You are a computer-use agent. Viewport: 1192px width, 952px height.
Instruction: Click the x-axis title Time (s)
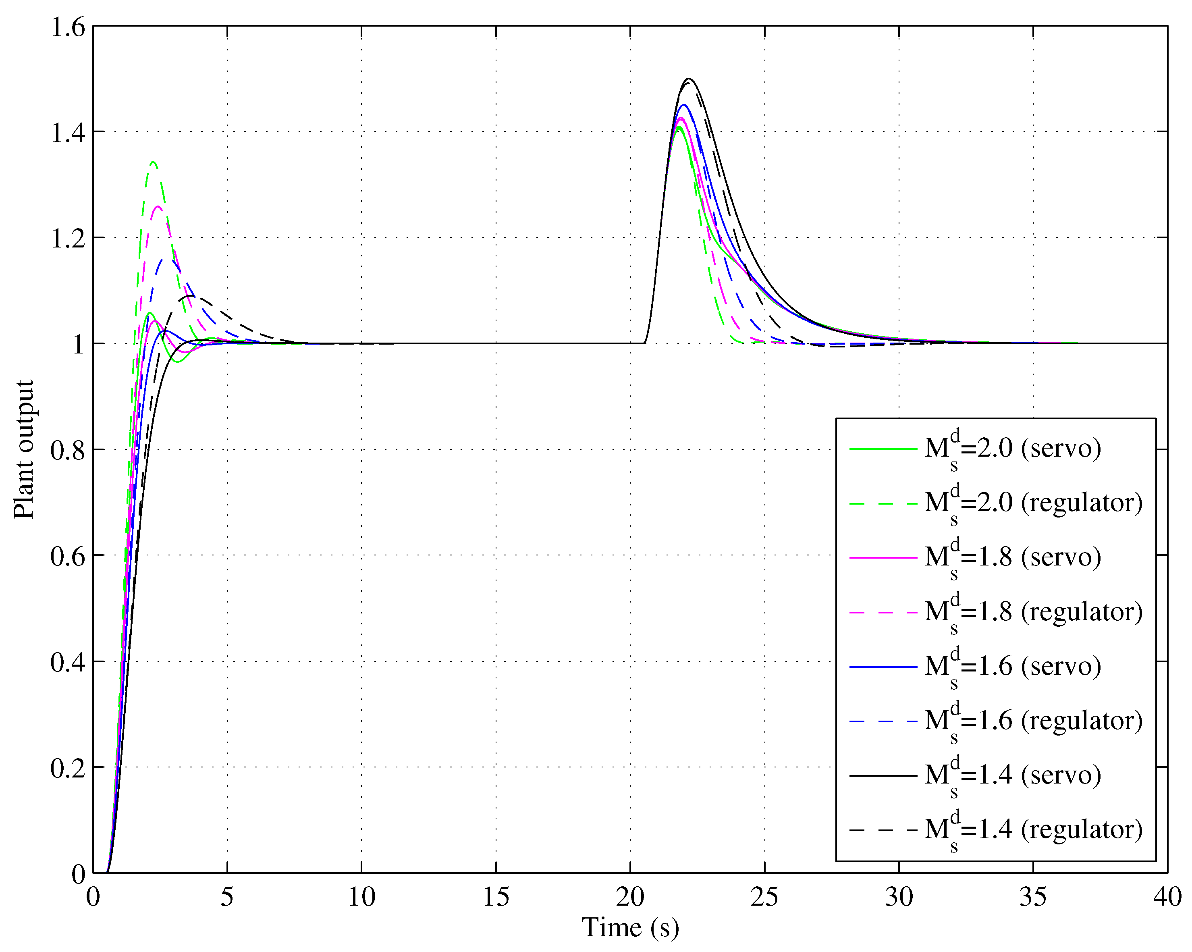(x=630, y=927)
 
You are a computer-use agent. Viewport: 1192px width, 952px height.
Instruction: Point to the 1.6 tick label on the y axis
(x=68, y=27)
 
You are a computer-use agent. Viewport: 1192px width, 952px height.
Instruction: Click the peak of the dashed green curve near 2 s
(x=153, y=162)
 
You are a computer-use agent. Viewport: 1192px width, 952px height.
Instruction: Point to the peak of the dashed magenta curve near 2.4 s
(x=158, y=207)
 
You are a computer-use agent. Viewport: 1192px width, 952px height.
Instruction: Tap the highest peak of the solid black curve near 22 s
(x=689, y=79)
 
